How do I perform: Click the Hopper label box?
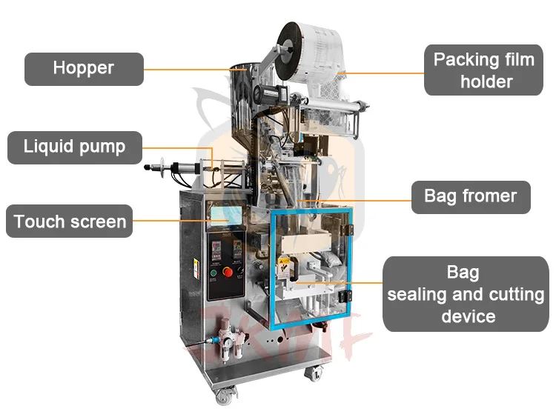tap(84, 68)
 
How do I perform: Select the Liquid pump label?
tap(74, 146)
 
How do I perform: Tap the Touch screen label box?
tap(70, 221)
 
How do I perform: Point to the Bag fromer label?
tap(470, 196)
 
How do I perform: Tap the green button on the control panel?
tap(213, 272)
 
